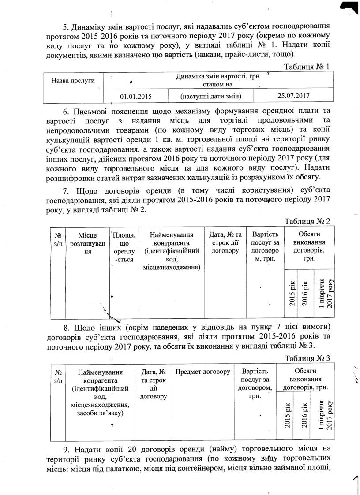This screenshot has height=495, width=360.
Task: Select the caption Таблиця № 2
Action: point(307,221)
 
